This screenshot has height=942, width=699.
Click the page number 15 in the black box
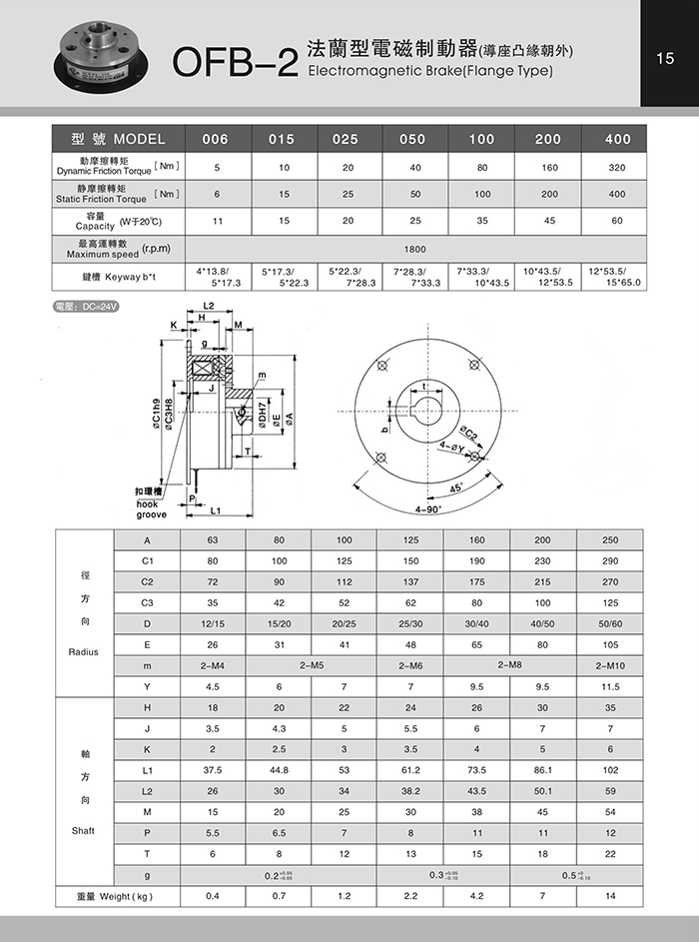point(666,59)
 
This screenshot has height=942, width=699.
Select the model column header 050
point(411,140)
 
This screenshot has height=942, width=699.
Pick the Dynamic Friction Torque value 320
point(617,167)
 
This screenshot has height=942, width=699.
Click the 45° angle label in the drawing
point(455,488)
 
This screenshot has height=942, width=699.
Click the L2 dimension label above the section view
point(209,305)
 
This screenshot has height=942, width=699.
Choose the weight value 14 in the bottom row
point(610,896)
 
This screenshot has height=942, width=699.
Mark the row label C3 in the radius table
point(147,603)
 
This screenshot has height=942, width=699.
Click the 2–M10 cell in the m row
point(610,665)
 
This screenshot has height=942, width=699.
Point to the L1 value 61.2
point(411,771)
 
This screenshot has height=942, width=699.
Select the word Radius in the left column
point(84,650)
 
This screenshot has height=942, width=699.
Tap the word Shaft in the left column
point(84,830)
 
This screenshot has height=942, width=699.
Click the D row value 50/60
point(610,624)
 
